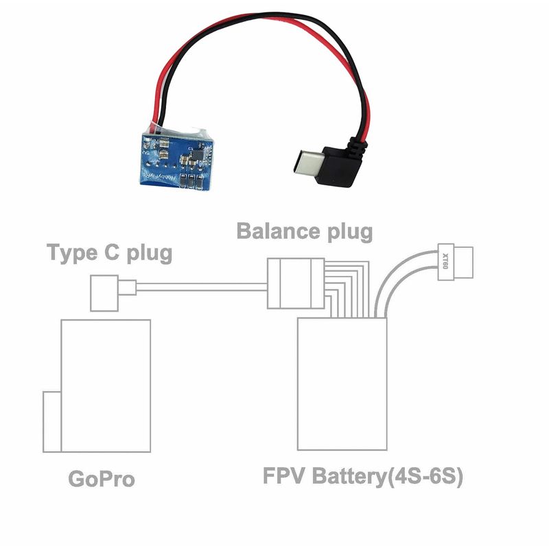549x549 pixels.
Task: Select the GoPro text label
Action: [x=102, y=478]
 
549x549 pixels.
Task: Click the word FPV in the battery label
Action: [x=284, y=476]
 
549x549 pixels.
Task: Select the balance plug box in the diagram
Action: [x=296, y=283]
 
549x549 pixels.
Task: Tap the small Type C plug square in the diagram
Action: [x=106, y=292]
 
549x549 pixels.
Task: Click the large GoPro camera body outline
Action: [x=106, y=384]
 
